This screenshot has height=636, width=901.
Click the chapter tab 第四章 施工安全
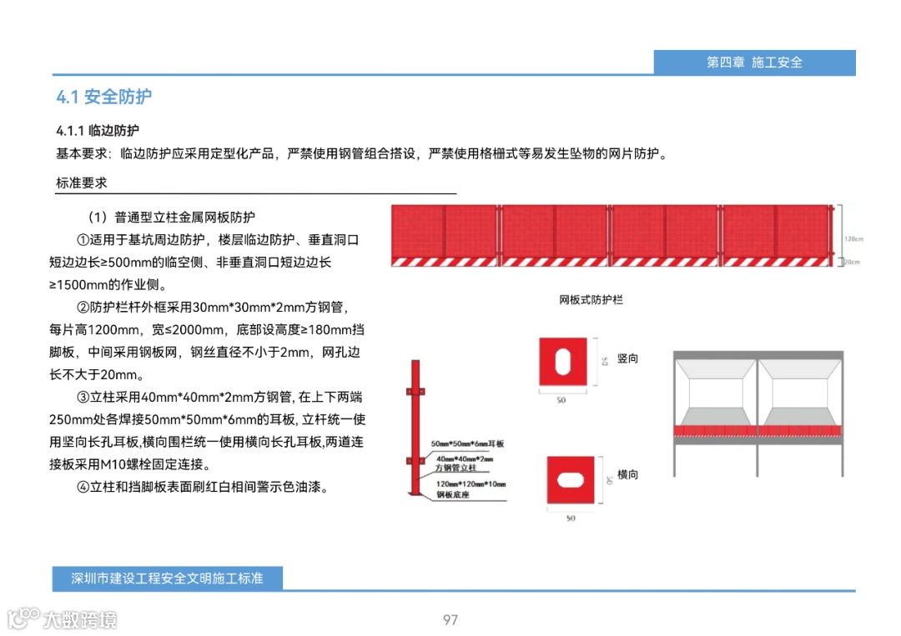pyautogui.click(x=754, y=63)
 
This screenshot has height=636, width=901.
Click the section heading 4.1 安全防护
pyautogui.click(x=104, y=97)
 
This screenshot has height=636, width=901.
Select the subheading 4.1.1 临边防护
pyautogui.click(x=98, y=131)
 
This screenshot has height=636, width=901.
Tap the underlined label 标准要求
pyautogui.click(x=81, y=183)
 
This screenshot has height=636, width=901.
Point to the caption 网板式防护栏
pyautogui.click(x=591, y=299)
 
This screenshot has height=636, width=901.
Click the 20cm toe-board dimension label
pyautogui.click(x=853, y=262)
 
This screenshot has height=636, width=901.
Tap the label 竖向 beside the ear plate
pyautogui.click(x=627, y=358)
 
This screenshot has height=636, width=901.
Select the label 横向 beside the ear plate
pyautogui.click(x=627, y=474)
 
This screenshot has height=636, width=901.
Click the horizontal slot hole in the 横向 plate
pyautogui.click(x=571, y=480)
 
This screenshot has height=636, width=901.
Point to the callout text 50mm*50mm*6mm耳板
pyautogui.click(x=468, y=444)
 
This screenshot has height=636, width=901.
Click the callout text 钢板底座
pyautogui.click(x=450, y=494)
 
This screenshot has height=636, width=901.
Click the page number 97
pyautogui.click(x=450, y=619)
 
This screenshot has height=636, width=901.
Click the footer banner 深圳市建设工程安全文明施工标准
pyautogui.click(x=168, y=578)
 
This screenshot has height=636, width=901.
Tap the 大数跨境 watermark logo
pyautogui.click(x=63, y=618)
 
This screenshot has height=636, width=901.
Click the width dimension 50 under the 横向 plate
pyautogui.click(x=571, y=518)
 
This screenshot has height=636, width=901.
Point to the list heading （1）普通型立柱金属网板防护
pyautogui.click(x=171, y=218)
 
